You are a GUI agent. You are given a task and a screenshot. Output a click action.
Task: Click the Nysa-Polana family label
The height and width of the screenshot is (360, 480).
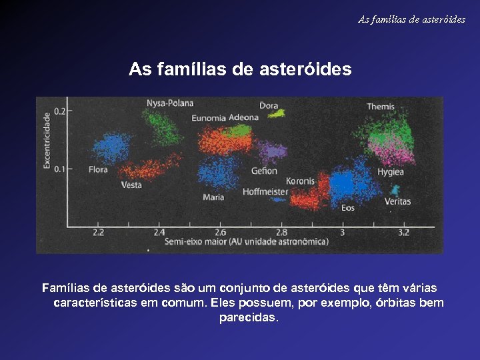pyautogui.click(x=170, y=103)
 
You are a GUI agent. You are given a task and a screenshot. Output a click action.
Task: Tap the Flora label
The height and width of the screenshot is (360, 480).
pyautogui.click(x=97, y=170)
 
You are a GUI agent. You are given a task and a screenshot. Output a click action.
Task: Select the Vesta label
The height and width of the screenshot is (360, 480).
pyautogui.click(x=131, y=185)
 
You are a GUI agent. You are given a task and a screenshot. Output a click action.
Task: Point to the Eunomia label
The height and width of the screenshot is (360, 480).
pyautogui.click(x=209, y=118)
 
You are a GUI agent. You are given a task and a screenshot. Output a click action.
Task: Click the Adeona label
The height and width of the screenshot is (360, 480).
pyautogui.click(x=243, y=117)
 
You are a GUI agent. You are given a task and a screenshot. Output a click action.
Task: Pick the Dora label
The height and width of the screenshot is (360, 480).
pyautogui.click(x=269, y=105)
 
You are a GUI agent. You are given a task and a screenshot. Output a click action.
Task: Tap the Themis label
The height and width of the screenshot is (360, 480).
pyautogui.click(x=381, y=107)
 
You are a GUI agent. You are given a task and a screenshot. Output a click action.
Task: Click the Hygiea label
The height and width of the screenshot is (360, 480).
pyautogui.click(x=391, y=172)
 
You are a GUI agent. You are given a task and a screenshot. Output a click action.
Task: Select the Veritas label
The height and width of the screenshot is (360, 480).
pyautogui.click(x=397, y=201)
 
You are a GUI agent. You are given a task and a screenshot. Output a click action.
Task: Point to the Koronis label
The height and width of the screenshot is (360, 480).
pyautogui.click(x=300, y=181)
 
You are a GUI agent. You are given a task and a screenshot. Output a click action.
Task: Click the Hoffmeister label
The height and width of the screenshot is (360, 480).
pyautogui.click(x=265, y=192)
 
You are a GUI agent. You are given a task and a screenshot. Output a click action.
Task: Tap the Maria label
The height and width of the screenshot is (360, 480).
pyautogui.click(x=213, y=197)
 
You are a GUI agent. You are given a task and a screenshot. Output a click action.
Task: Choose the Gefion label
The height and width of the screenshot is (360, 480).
pyautogui.click(x=264, y=171)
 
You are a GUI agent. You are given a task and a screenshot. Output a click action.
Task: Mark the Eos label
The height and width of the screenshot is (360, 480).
pyautogui.click(x=348, y=208)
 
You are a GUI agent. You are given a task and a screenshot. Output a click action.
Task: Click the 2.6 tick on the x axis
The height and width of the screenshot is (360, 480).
pyautogui.click(x=220, y=233)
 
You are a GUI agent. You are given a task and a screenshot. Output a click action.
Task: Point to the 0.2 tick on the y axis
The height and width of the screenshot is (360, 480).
pyautogui.click(x=59, y=111)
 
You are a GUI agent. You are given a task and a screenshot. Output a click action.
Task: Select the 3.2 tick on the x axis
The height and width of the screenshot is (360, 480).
pyautogui.click(x=404, y=233)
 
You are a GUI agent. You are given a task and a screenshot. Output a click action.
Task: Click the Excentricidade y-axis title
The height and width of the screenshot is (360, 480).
pyautogui.click(x=47, y=140)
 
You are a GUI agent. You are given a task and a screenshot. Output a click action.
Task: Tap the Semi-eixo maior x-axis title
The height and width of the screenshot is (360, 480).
pyautogui.click(x=247, y=241)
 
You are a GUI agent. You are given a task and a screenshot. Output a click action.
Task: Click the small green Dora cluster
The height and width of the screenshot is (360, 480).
pyautogui.click(x=277, y=114)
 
